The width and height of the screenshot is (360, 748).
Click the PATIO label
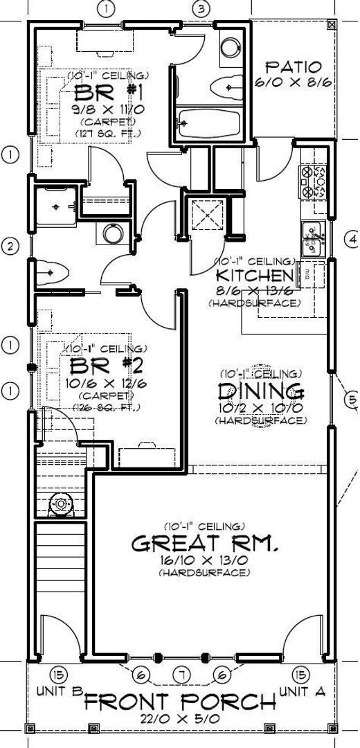[x=294, y=67]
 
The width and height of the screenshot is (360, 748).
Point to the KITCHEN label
[x=255, y=276]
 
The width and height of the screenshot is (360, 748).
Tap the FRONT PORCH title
[x=180, y=702]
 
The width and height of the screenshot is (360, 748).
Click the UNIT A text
[x=300, y=691]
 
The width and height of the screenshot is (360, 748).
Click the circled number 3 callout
[x=201, y=9]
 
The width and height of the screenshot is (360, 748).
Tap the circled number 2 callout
[x=10, y=246]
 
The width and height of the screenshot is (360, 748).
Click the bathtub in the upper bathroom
[x=208, y=125]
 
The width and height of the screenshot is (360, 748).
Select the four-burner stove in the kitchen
[x=313, y=180]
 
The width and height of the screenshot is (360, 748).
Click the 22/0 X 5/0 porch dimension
[x=180, y=720]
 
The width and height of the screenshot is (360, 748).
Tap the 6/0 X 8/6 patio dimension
[x=294, y=82]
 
